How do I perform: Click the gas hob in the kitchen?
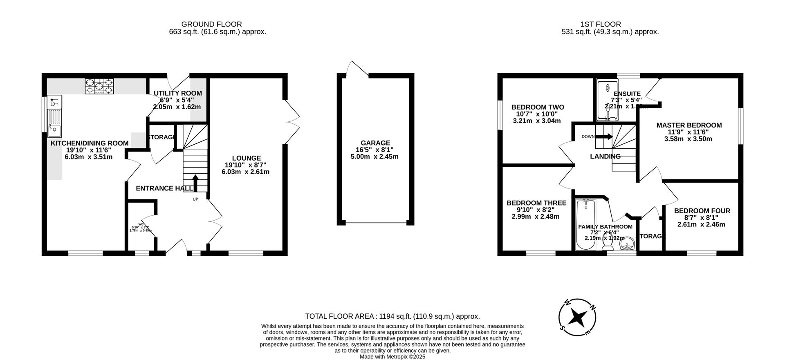[x=99, y=86]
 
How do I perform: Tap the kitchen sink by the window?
[x=54, y=131]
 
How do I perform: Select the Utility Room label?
[x=177, y=93]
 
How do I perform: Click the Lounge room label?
[x=246, y=158]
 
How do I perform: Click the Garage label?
[x=375, y=143]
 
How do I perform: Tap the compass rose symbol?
[x=577, y=317]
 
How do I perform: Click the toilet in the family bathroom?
[x=608, y=244]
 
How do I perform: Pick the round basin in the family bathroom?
[x=627, y=246]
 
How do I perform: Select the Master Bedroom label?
[x=689, y=125]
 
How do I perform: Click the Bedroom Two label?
[x=537, y=107]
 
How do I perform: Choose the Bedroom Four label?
[x=702, y=211]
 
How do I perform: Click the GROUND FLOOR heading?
[x=211, y=25]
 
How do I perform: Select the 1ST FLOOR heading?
[x=600, y=25]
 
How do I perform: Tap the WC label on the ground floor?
[x=141, y=224]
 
